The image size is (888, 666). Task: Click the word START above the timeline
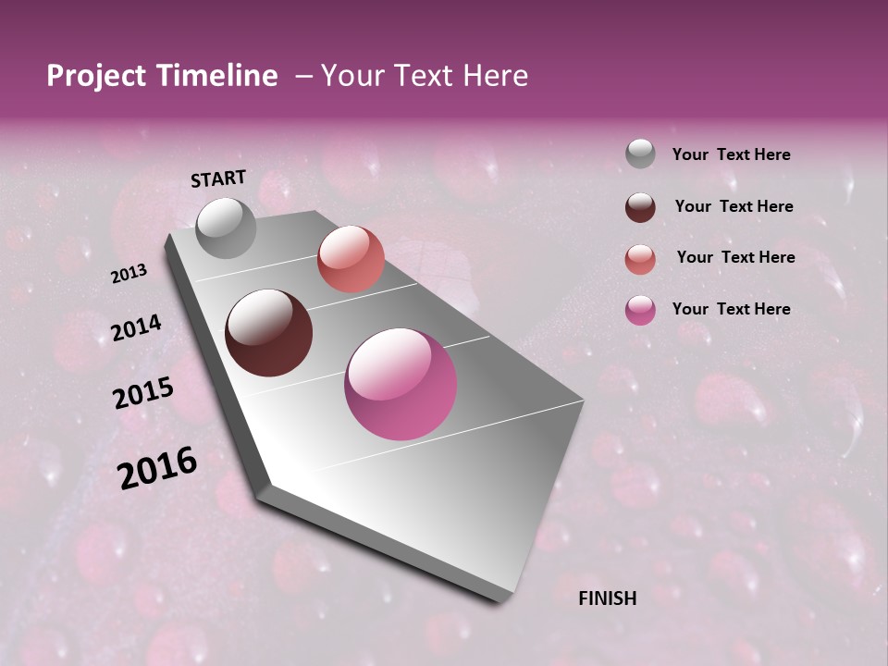click(x=218, y=179)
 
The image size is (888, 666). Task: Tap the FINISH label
click(x=607, y=598)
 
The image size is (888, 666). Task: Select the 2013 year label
click(x=129, y=274)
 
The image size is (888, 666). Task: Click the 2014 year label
click(x=137, y=328)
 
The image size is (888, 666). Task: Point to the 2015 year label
click(x=143, y=393)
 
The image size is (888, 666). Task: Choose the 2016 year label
click(x=157, y=468)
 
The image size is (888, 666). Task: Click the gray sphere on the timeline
click(x=227, y=228)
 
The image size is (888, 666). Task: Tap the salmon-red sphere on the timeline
click(x=351, y=259)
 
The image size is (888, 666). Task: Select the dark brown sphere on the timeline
click(x=268, y=333)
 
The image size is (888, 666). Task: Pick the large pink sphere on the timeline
click(x=401, y=384)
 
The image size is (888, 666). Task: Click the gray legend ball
click(x=640, y=154)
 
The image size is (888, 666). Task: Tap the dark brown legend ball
click(x=640, y=206)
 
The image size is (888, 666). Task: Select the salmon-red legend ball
click(x=640, y=258)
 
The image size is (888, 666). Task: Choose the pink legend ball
click(x=640, y=310)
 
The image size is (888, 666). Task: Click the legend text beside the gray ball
click(x=731, y=154)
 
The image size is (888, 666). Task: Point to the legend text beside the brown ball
click(x=734, y=206)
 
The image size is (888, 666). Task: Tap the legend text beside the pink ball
click(x=731, y=309)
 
